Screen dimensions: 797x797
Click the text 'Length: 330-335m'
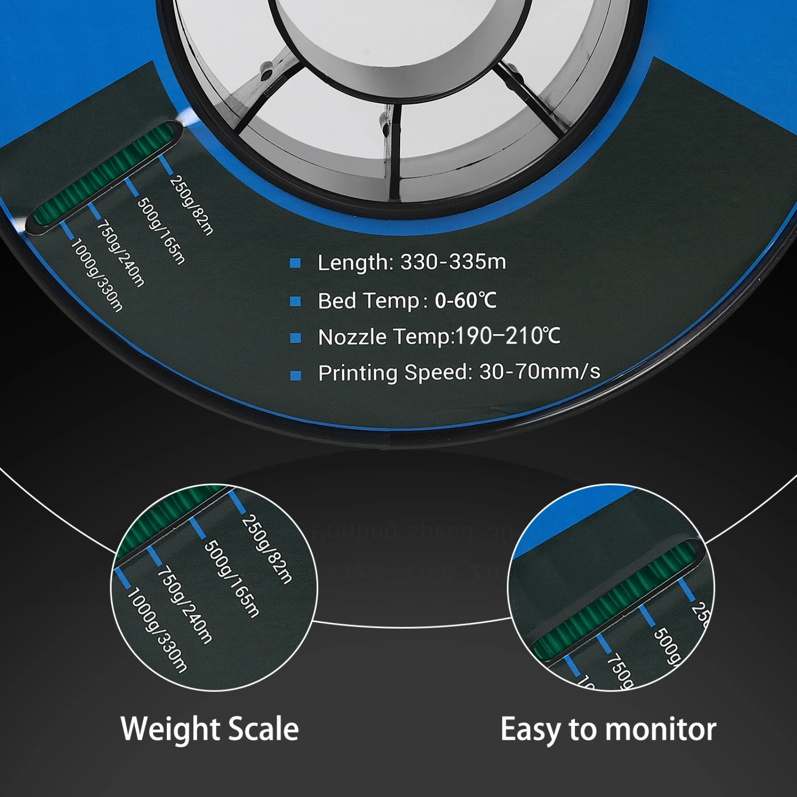(411, 262)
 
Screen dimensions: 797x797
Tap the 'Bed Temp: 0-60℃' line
(407, 301)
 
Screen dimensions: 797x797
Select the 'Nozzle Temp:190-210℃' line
(439, 337)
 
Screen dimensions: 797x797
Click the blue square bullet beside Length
(295, 263)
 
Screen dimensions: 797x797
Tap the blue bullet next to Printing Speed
(295, 375)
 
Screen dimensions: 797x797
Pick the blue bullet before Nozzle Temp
(295, 338)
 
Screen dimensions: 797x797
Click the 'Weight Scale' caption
(210, 729)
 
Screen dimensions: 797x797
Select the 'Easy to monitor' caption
(608, 730)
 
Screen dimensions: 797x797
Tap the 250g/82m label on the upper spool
(192, 205)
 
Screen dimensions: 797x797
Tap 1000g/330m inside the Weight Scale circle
(157, 631)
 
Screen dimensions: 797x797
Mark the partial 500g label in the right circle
(665, 646)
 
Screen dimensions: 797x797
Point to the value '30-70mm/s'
(539, 372)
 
